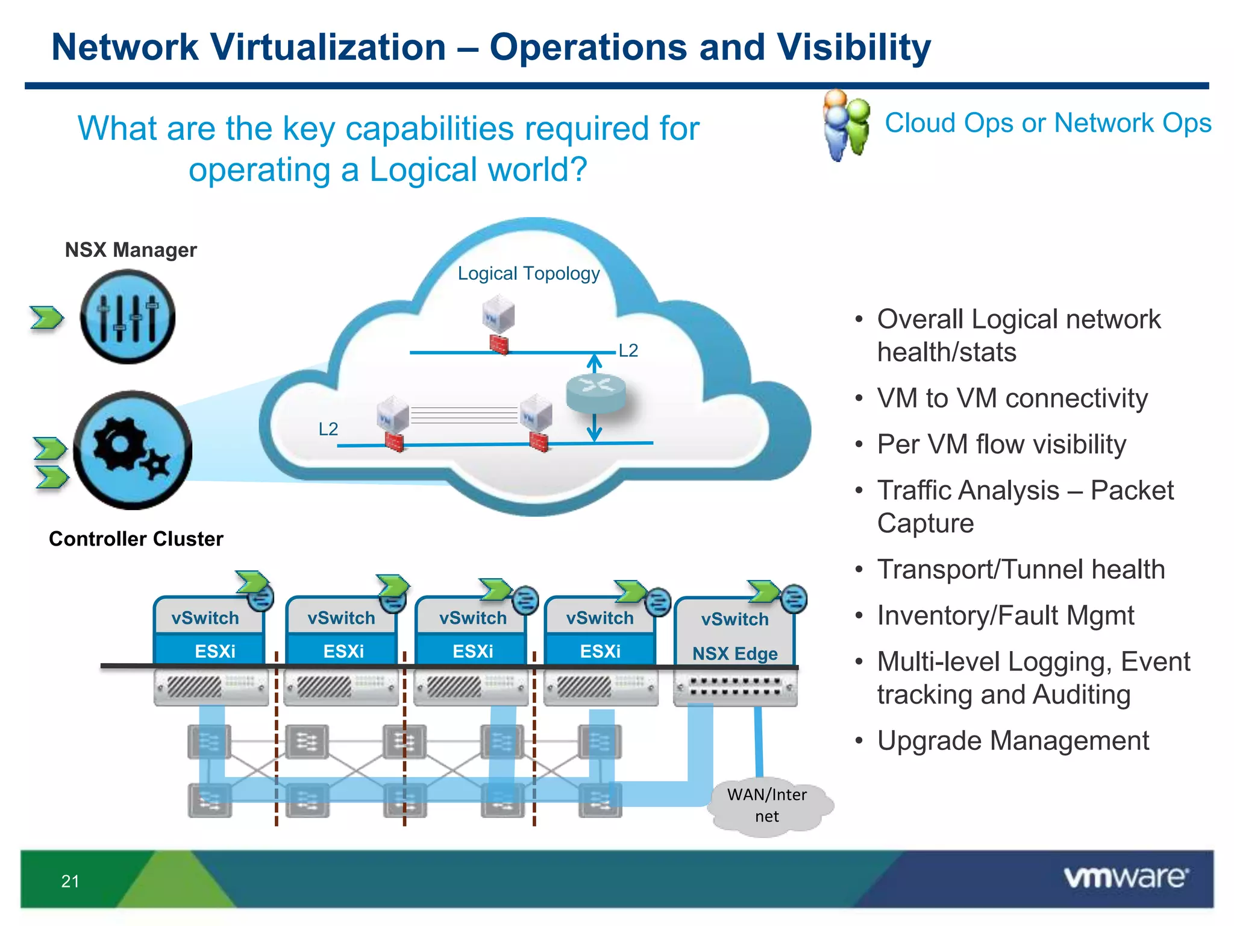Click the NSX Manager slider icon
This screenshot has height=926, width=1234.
(x=128, y=317)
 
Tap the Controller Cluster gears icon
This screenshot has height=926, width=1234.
(x=133, y=450)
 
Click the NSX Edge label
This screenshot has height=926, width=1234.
(x=734, y=654)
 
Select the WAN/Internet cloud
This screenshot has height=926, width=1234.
(x=767, y=806)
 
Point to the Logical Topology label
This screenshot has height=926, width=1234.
(x=528, y=274)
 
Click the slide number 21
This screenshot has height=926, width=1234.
(x=70, y=881)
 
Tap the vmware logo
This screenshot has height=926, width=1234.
(x=1125, y=877)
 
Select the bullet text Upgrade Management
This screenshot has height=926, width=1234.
(x=1012, y=740)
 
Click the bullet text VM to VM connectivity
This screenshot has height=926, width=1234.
(x=1012, y=398)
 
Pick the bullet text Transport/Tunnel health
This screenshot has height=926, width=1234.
(x=1021, y=570)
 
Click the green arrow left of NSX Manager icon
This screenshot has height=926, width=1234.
(x=46, y=318)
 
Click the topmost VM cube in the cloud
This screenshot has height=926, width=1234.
(x=498, y=313)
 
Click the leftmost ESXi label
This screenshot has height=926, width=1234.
(x=215, y=651)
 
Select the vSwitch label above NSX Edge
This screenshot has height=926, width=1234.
(x=734, y=619)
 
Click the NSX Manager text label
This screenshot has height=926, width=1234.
(x=131, y=250)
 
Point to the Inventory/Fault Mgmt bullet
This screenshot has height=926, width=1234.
(x=1005, y=616)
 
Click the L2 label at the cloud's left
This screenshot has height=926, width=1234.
(x=328, y=429)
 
